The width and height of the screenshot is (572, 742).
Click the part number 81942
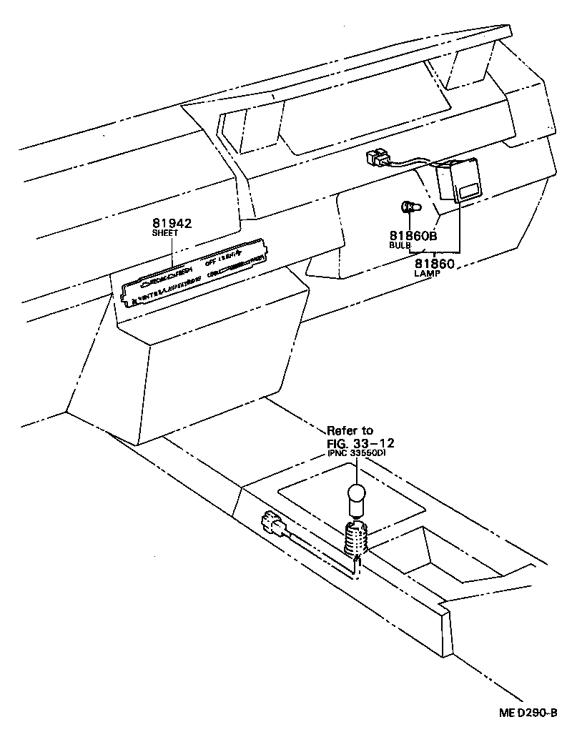172,223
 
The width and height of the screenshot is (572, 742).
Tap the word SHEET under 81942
164,233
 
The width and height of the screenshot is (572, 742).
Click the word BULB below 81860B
400,245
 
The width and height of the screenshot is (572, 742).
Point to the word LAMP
428,273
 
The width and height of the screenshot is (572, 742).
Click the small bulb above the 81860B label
409,208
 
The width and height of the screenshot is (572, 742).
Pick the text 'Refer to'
350,430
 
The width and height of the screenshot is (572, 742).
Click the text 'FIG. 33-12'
360,442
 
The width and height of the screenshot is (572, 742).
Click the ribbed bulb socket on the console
355,540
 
